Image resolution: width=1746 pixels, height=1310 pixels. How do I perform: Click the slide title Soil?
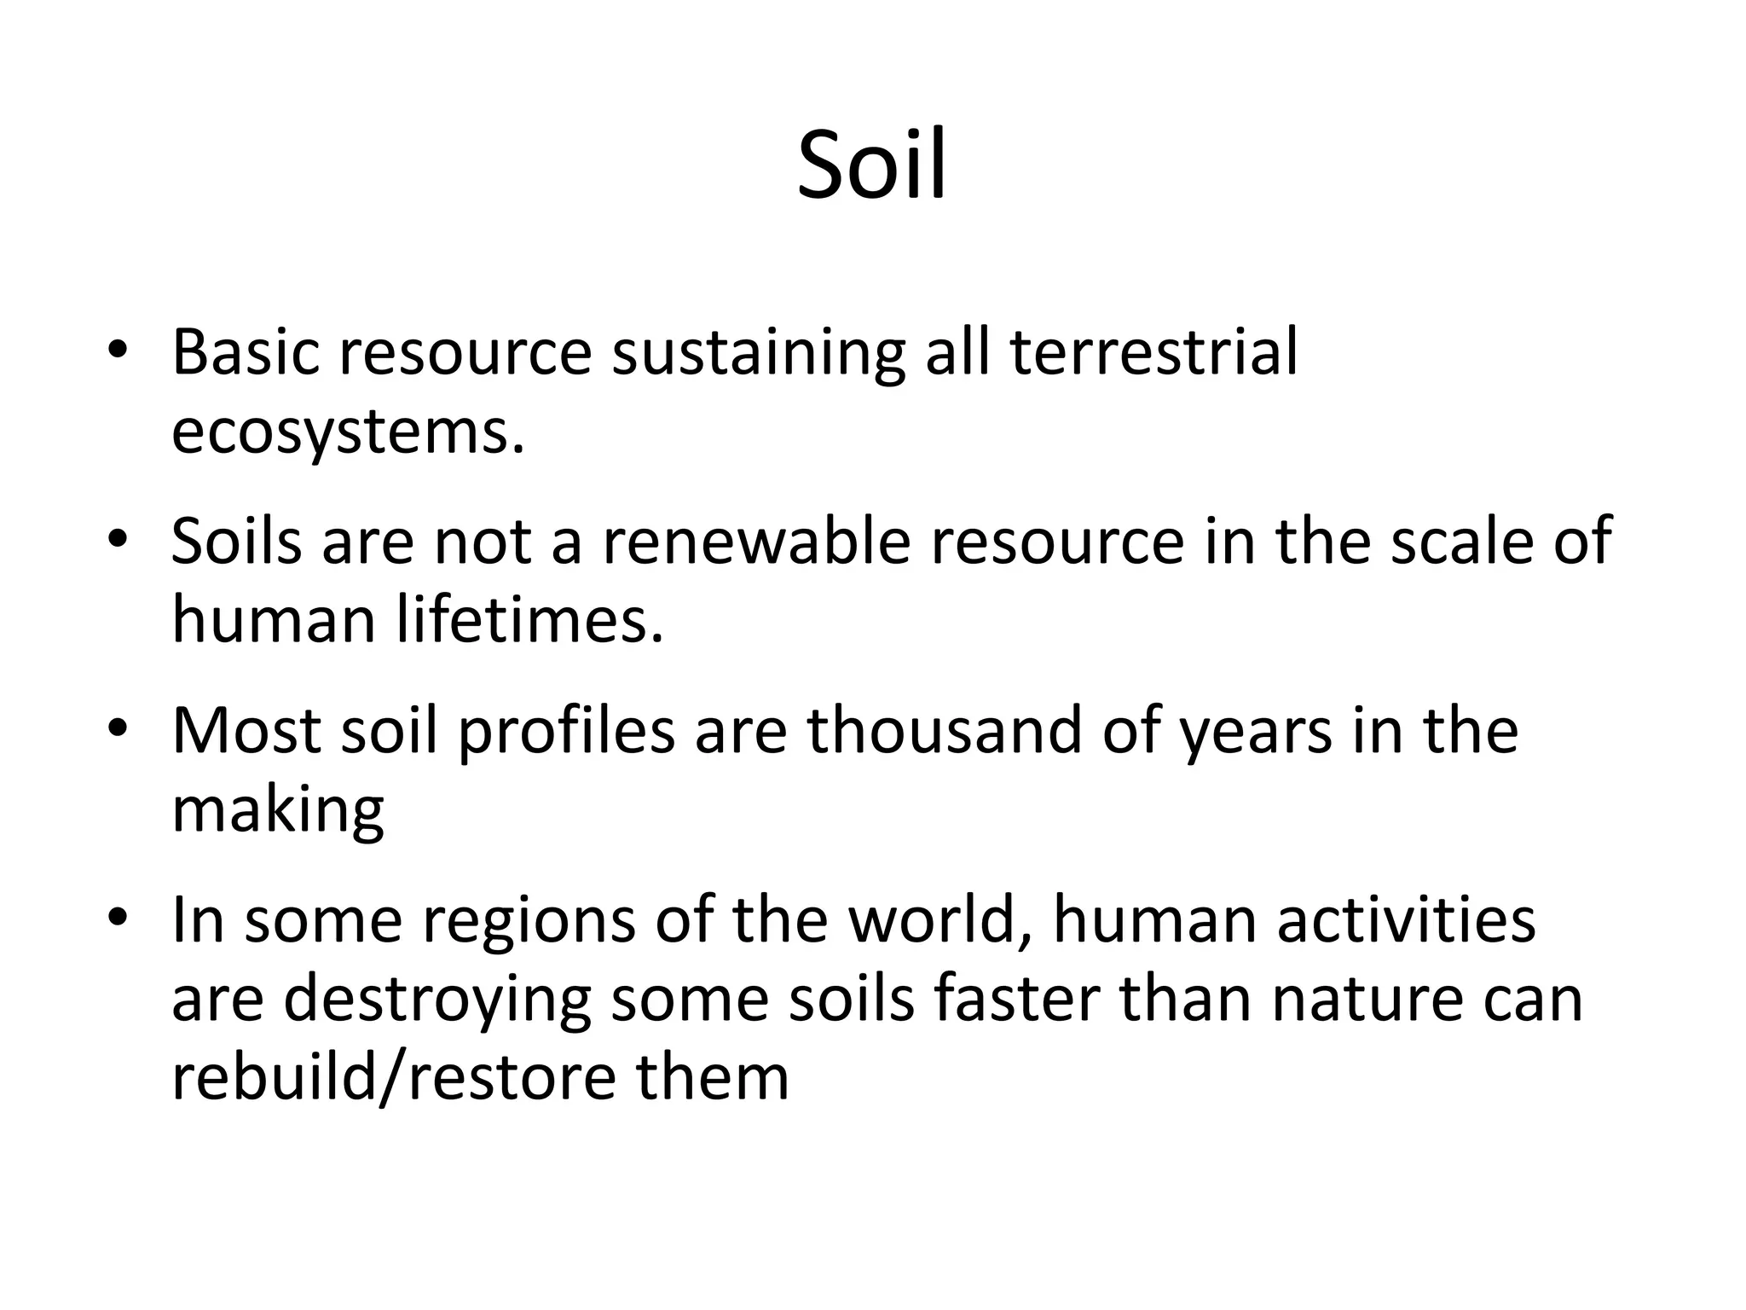(871, 165)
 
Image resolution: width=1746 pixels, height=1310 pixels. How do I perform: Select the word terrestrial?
(1154, 351)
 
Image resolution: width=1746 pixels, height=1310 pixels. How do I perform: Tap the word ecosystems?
(348, 433)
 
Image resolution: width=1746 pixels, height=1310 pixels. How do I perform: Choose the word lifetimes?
(529, 619)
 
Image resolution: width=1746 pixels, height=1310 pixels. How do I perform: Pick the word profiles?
(566, 732)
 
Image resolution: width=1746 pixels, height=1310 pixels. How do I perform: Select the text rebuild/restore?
(393, 1078)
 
